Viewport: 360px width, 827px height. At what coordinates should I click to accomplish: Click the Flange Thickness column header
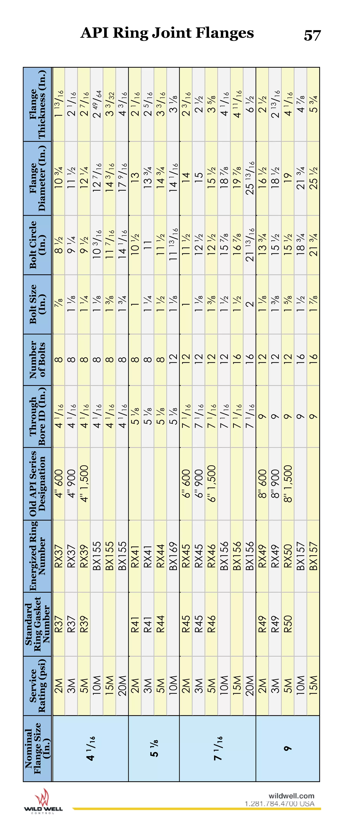pos(38,104)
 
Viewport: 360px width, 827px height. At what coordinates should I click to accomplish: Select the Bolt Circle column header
pos(38,245)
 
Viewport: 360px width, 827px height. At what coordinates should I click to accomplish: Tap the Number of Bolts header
pos(38,360)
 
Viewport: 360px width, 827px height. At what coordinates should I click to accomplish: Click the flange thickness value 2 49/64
pos(97,104)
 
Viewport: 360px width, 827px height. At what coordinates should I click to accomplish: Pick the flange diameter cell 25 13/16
pos(249,178)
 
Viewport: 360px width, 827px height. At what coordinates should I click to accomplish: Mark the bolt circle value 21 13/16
pos(249,245)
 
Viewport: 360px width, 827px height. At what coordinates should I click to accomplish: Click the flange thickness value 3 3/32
pos(109,104)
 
